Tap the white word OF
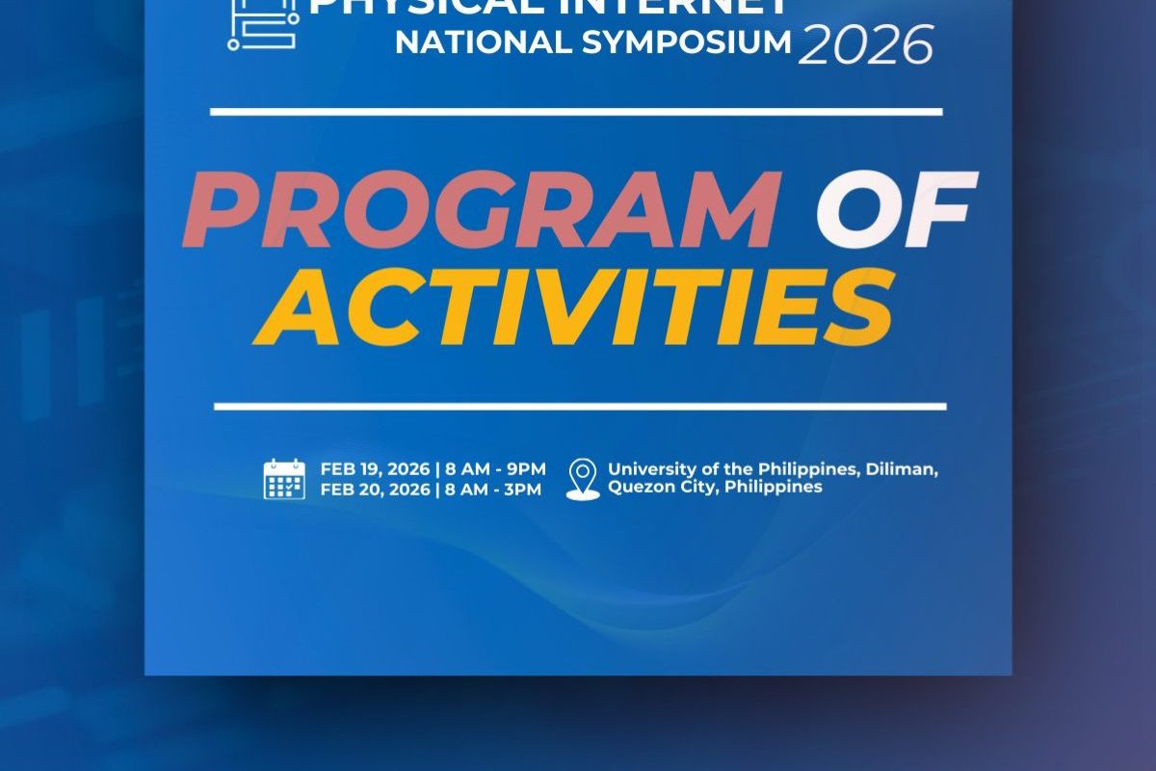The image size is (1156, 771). pos(896,210)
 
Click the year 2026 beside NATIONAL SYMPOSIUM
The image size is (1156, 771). pos(865,43)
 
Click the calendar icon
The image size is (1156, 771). pos(284,479)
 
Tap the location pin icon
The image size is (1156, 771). pos(583,479)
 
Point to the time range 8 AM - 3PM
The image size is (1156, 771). pos(493,489)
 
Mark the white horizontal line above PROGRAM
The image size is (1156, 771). pos(576,112)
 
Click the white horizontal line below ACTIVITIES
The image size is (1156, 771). pos(580,406)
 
